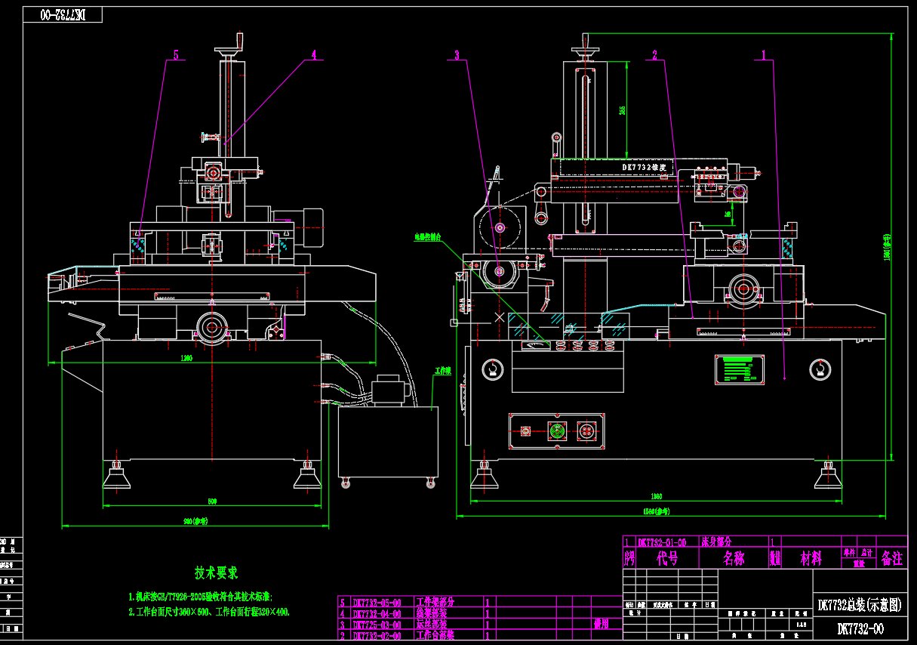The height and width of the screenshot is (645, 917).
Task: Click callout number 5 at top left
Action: tap(176, 55)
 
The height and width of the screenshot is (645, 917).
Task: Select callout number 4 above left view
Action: tap(314, 54)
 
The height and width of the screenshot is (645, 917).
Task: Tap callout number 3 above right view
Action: tap(457, 54)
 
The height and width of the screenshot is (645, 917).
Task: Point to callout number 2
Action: tap(654, 54)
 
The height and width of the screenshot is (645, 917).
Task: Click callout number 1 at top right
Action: tap(764, 54)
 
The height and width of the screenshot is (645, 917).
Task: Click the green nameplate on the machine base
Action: tap(739, 369)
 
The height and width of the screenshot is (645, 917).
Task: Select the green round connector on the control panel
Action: tap(557, 431)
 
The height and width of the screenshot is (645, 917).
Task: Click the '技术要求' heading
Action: tap(217, 573)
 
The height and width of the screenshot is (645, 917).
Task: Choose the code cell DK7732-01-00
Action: tap(662, 542)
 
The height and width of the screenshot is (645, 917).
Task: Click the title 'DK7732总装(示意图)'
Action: tap(860, 604)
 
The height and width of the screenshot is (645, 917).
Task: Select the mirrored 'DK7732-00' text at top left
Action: tap(63, 14)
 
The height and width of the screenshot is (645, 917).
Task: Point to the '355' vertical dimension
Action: tap(622, 110)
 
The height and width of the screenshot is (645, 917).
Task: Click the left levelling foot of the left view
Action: tap(116, 476)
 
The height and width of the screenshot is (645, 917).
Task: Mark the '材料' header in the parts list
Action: tap(811, 559)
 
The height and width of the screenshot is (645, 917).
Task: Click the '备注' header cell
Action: tap(891, 559)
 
